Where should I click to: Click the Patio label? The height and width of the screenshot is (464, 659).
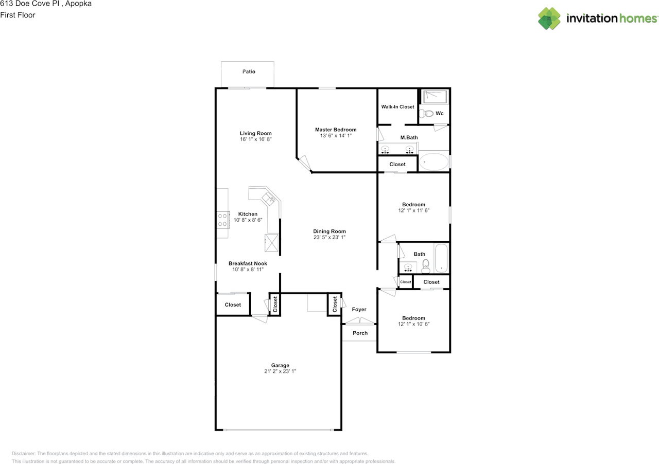pos(249,72)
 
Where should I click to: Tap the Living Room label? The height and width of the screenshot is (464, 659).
pos(255,133)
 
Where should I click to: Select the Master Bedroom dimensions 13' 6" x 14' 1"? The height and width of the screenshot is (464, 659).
pos(335,136)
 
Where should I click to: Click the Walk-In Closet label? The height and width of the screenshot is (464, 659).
pos(397,107)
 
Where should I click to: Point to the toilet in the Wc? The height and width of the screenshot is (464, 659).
pos(425,113)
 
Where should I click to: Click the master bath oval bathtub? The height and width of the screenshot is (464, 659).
pos(433,162)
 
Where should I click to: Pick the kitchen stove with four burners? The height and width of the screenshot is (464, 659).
pos(222,220)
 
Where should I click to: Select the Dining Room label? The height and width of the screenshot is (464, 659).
pos(329,231)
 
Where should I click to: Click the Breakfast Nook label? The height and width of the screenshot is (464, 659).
pos(248,263)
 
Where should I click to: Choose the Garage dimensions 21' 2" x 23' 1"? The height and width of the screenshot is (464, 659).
pos(281,371)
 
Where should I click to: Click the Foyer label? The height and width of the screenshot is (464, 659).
pos(359,309)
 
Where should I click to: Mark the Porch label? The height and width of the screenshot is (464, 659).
pos(360,333)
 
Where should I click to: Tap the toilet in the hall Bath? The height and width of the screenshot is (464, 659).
pos(426,265)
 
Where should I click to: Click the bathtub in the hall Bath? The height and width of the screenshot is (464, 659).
pos(441,258)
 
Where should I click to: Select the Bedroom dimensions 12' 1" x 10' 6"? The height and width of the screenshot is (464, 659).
pos(413,324)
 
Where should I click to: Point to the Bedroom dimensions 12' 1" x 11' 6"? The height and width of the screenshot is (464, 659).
pos(413,210)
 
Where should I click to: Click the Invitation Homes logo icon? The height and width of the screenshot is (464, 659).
pos(549,19)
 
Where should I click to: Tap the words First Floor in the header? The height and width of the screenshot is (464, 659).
pos(18,15)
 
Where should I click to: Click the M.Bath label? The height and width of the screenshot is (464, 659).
pos(409,137)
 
